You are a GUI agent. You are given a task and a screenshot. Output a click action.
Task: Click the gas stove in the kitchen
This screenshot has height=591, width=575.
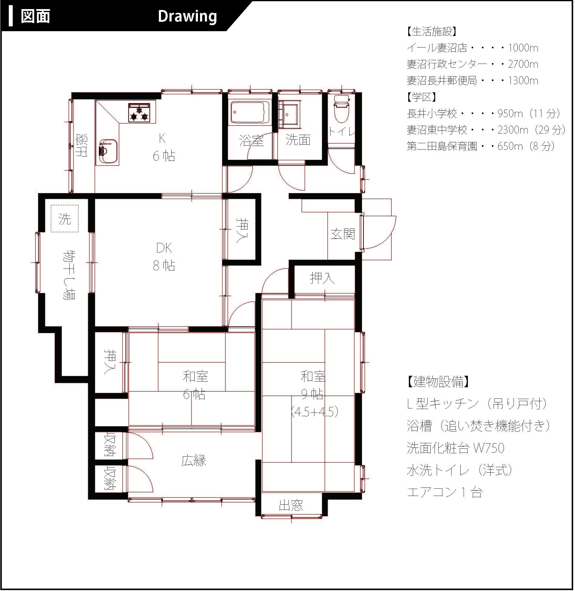(x=139, y=113)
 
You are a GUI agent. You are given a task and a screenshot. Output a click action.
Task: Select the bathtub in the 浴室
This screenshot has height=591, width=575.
(x=250, y=112)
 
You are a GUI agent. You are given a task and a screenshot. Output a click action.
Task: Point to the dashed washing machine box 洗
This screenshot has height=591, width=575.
(x=65, y=219)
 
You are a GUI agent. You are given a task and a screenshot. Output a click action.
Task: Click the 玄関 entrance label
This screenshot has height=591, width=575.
(x=342, y=234)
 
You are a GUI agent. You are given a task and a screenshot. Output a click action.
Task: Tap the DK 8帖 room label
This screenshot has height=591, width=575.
(x=164, y=256)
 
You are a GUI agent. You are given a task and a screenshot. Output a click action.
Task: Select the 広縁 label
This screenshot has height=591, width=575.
(x=194, y=461)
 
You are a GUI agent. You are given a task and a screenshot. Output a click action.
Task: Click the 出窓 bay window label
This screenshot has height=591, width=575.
(x=291, y=505)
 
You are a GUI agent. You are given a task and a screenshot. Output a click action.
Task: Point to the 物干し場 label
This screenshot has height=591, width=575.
(x=70, y=275)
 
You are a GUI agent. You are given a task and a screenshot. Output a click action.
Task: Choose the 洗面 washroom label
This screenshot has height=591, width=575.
(x=298, y=140)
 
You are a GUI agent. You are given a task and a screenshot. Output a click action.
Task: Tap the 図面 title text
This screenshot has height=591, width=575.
(x=35, y=16)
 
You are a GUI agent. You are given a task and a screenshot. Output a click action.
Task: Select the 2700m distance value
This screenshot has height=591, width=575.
(x=523, y=64)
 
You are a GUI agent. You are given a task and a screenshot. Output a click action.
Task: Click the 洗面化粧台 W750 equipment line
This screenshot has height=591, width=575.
(x=455, y=448)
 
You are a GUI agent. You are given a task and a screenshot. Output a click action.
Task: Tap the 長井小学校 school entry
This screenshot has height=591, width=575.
(x=432, y=114)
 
